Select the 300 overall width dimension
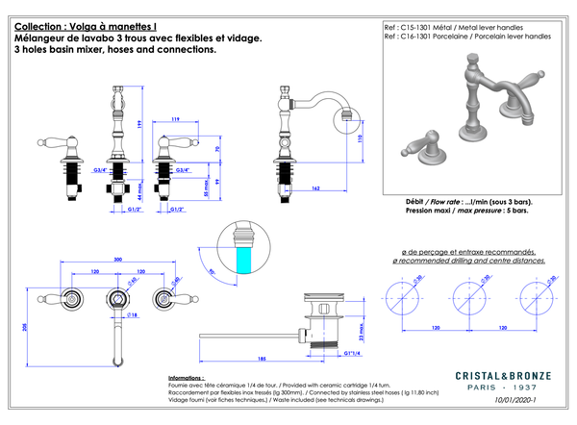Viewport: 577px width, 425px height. [x=118, y=261]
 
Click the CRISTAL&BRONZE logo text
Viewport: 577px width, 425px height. [x=503, y=374]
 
